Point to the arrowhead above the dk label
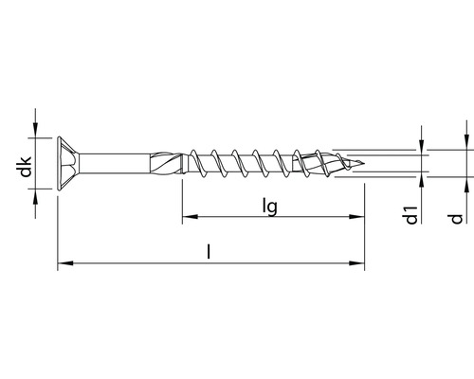[x=36, y=132]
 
